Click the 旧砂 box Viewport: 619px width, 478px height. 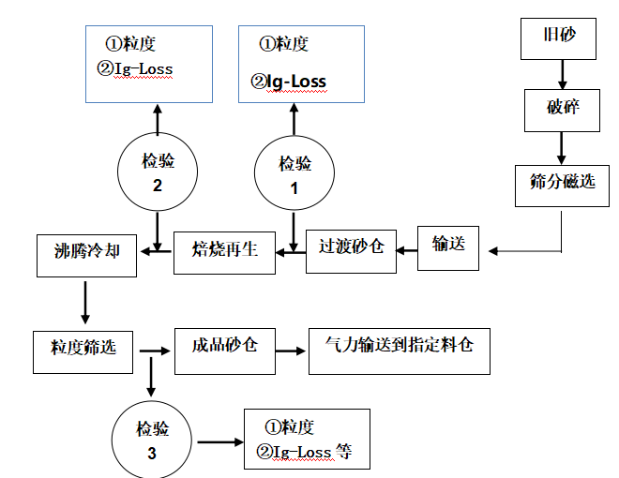click(x=560, y=39)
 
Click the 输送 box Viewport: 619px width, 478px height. click(x=448, y=247)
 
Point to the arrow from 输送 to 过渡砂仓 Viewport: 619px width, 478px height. click(x=406, y=249)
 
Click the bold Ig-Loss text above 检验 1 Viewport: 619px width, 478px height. click(x=296, y=82)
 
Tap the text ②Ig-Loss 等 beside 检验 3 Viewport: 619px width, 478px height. click(x=301, y=453)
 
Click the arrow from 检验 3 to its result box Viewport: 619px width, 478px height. click(x=216, y=441)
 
